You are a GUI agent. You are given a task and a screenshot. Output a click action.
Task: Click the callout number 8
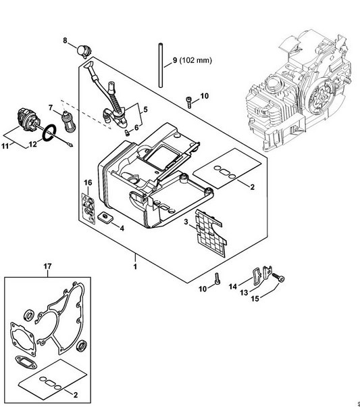tap(65, 41)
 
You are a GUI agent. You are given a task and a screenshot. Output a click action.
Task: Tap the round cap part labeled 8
tap(84, 51)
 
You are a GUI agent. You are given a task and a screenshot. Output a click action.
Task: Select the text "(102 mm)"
tap(196, 60)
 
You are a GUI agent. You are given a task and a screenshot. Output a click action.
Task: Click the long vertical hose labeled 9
tap(161, 66)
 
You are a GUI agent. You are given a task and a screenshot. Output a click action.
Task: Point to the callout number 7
tap(50, 107)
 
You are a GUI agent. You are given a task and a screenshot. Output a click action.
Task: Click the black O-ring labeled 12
tap(49, 133)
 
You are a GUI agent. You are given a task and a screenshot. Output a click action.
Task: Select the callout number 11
tap(5, 146)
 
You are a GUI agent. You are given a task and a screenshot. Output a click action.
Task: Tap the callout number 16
tap(88, 183)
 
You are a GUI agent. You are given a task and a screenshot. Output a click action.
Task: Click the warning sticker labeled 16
tap(88, 208)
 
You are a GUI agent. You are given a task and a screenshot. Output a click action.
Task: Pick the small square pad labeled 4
tap(105, 217)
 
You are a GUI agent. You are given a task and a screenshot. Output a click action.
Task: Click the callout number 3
tap(186, 222)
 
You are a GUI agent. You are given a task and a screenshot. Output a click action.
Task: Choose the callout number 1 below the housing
tap(135, 266)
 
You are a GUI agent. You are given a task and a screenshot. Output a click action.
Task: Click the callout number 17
tap(47, 266)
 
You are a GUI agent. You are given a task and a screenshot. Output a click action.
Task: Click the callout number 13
tap(244, 293)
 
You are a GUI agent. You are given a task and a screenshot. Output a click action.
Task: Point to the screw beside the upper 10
tap(189, 102)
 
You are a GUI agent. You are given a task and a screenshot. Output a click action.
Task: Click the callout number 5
tap(145, 110)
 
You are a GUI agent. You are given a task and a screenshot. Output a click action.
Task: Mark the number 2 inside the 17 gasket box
tap(76, 395)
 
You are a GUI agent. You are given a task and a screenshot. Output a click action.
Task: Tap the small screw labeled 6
tap(127, 133)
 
